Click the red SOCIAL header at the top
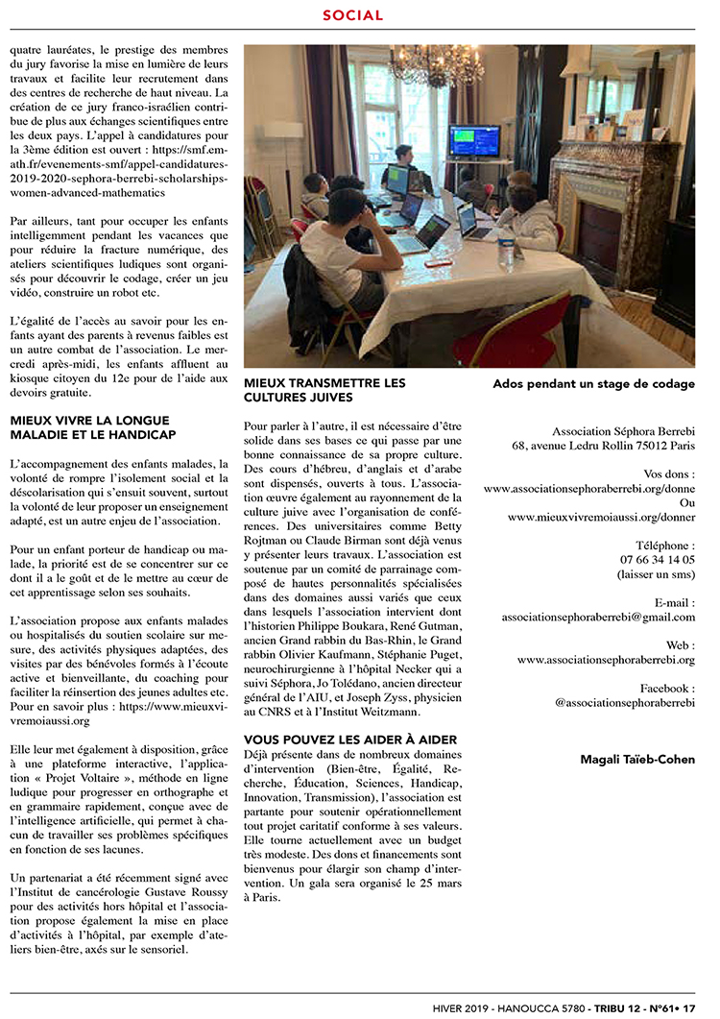tap(352, 15)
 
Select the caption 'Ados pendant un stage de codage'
tap(593, 384)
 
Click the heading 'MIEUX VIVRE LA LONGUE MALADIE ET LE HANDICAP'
tap(89, 427)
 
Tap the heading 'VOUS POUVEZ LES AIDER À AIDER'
tap(337, 740)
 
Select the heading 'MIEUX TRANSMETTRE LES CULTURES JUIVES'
tap(324, 389)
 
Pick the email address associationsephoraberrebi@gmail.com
tap(598, 617)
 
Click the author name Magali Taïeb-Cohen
tap(637, 760)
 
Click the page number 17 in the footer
tap(688, 1005)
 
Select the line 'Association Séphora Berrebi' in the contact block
tap(623, 431)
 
